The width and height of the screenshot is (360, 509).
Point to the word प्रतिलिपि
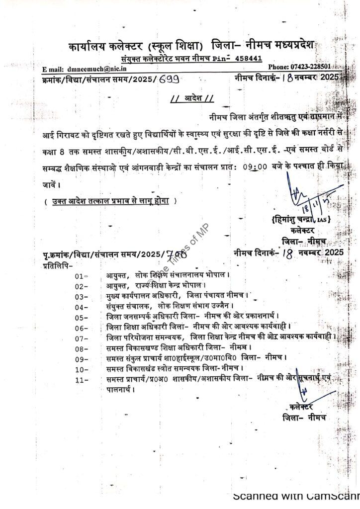click(x=58, y=264)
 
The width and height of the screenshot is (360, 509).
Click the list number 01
click(x=81, y=275)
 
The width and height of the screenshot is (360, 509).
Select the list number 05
click(x=81, y=318)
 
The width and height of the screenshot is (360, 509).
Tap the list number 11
click(x=81, y=380)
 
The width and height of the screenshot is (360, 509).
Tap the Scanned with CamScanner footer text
click(x=296, y=496)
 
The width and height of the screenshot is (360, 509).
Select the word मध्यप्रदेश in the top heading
click(x=293, y=46)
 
